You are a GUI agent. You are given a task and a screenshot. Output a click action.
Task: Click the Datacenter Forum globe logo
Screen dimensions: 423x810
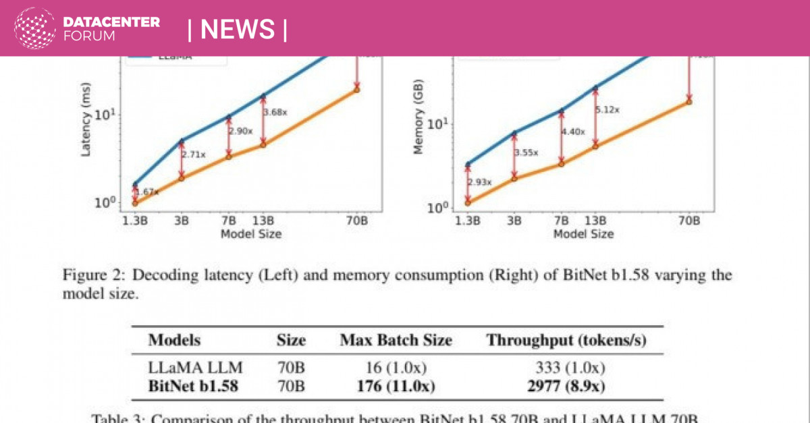(x=34, y=28)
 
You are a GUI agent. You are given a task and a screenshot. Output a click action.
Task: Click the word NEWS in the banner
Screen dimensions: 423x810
(x=238, y=29)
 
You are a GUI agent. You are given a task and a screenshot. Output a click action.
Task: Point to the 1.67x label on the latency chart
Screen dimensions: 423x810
(x=148, y=192)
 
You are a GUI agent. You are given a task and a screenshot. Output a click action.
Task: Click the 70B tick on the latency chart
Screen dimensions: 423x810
(x=356, y=220)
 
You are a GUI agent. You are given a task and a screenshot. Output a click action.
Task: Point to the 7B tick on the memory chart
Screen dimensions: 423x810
(x=562, y=220)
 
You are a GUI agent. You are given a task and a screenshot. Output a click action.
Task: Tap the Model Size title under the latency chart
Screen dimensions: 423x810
(x=250, y=233)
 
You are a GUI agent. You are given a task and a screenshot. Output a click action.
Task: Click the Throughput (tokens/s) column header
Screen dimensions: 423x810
(x=566, y=341)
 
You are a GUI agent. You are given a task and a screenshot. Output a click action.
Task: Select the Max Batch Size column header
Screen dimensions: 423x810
(x=396, y=341)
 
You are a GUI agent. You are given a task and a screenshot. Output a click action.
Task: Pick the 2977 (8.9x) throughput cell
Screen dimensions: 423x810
(x=566, y=386)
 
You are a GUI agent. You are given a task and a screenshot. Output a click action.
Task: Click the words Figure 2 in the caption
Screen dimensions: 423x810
(x=89, y=276)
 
